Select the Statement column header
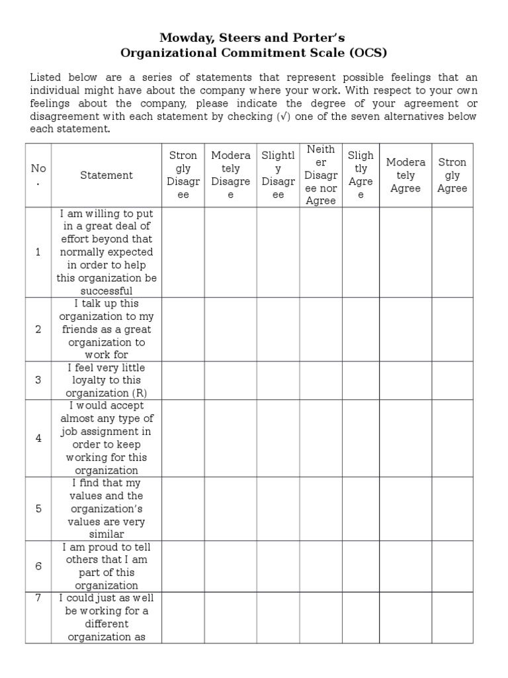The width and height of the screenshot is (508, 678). click(x=106, y=175)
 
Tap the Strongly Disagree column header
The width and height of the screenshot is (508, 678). click(x=183, y=175)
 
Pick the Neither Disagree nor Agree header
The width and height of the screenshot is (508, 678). click(x=320, y=175)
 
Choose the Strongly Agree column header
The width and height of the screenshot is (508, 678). click(x=452, y=175)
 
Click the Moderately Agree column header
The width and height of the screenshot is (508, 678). click(x=405, y=175)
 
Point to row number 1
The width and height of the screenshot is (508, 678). click(x=38, y=252)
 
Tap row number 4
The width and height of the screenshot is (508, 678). click(x=38, y=438)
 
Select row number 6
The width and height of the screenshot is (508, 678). click(x=38, y=566)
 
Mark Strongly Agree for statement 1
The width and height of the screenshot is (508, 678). click(x=452, y=252)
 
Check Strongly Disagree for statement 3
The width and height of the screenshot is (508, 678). click(x=183, y=380)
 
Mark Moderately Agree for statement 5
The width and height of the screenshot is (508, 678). click(x=405, y=508)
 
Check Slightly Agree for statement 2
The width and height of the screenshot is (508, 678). click(x=360, y=329)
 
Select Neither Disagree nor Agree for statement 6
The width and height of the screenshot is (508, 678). click(x=320, y=566)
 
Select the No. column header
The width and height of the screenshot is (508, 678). click(x=38, y=175)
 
